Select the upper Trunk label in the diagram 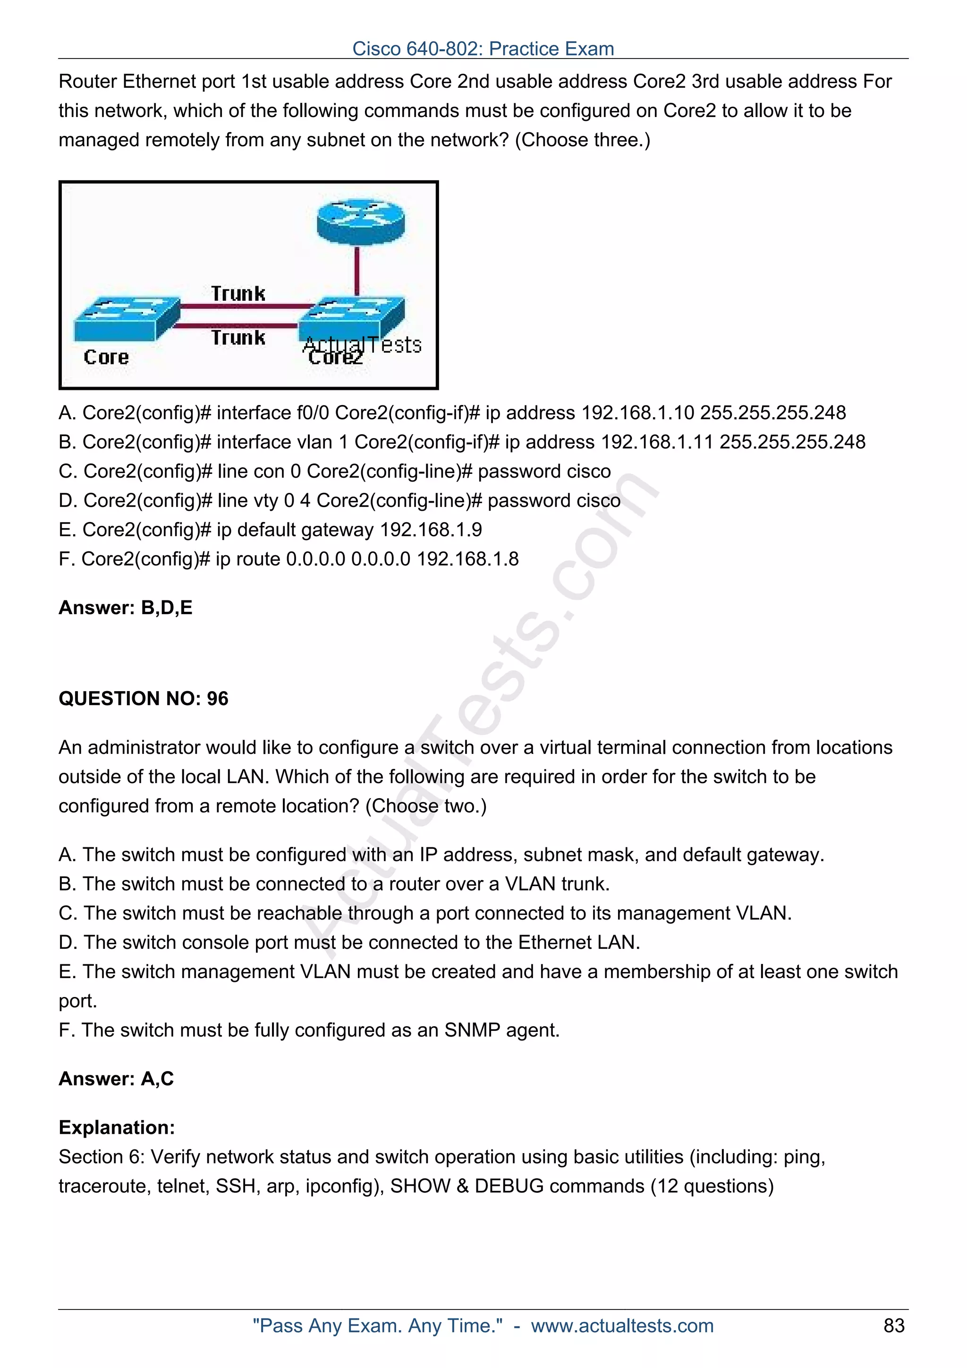click(238, 293)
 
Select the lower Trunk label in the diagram click(238, 338)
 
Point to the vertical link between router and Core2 click(357, 271)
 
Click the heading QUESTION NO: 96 click(143, 698)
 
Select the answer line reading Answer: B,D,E click(125, 608)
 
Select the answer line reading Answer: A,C click(116, 1079)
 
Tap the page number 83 click(894, 1326)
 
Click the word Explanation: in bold click(117, 1127)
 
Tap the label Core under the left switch click(106, 357)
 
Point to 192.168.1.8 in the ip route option click(468, 559)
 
